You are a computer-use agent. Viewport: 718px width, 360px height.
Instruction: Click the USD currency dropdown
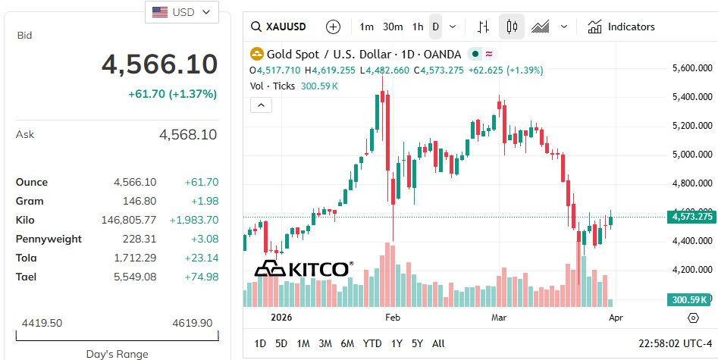click(x=181, y=12)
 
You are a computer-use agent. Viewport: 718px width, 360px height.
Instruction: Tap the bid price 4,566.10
click(x=159, y=65)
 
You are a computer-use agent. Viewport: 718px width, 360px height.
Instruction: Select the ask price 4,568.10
click(x=187, y=135)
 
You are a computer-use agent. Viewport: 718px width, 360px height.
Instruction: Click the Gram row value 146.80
click(x=140, y=201)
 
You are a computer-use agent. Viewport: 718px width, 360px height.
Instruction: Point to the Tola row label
click(x=26, y=258)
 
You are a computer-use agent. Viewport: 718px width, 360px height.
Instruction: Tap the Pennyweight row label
click(x=49, y=239)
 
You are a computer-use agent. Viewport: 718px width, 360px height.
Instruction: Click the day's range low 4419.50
click(x=42, y=323)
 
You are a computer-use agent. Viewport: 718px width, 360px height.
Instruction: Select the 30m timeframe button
click(x=392, y=27)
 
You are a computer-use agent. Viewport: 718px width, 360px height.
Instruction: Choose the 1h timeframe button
click(x=418, y=27)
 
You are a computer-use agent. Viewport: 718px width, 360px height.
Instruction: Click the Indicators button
click(x=621, y=27)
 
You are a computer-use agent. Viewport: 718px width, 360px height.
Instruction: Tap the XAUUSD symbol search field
click(x=278, y=27)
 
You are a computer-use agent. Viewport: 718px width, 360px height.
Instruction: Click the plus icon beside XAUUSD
click(x=333, y=27)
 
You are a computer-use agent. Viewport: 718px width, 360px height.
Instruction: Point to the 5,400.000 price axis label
click(x=692, y=97)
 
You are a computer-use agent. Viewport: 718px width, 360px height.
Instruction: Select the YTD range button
click(x=372, y=343)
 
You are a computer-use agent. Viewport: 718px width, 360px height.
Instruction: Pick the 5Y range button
click(x=417, y=343)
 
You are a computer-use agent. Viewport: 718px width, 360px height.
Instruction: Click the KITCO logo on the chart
click(x=303, y=268)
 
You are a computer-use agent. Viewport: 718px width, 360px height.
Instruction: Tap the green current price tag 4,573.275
click(x=691, y=217)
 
